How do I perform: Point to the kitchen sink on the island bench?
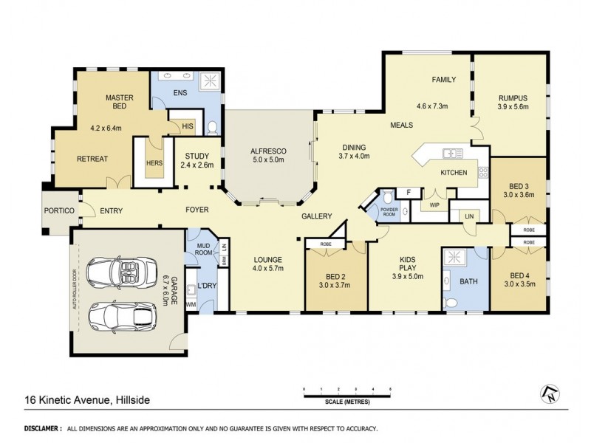tap(448, 154)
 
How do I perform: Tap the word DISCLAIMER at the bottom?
tap(42, 428)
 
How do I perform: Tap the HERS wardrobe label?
tap(154, 162)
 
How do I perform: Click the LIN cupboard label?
tap(468, 215)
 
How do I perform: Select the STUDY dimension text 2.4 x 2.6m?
tap(197, 165)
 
